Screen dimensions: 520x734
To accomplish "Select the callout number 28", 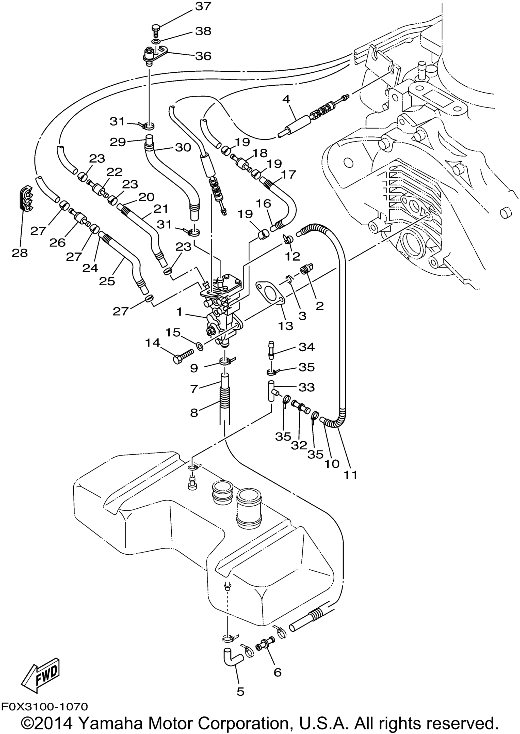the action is coord(20,253).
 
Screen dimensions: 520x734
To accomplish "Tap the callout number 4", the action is coord(286,99).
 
